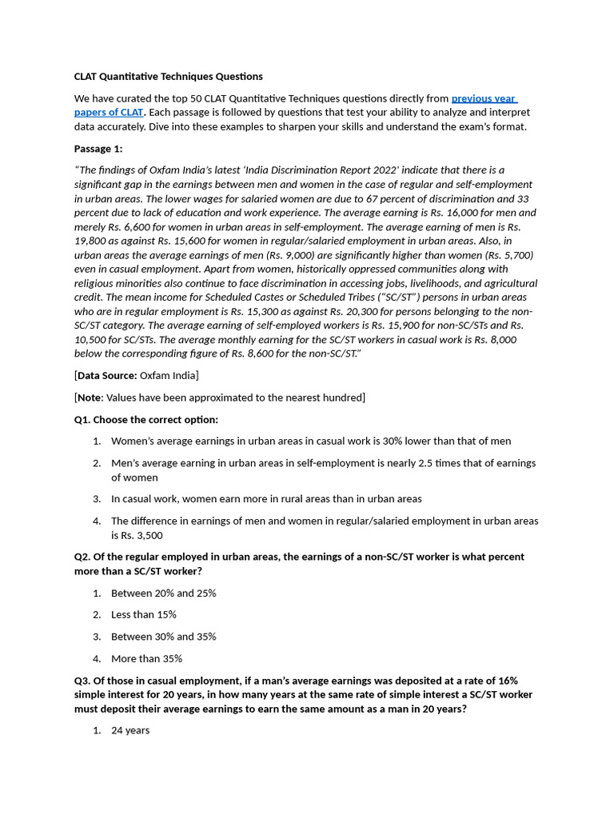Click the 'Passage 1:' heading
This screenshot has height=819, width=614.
coord(98,149)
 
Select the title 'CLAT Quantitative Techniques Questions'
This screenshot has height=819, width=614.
coord(168,77)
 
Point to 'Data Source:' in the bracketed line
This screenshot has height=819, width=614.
coord(107,375)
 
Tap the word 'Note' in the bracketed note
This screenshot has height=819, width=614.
coord(90,398)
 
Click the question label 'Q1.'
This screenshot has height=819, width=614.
coord(83,419)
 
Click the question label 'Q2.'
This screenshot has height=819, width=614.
coord(83,557)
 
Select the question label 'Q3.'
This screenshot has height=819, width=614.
coord(83,680)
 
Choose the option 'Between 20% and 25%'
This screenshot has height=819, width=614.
coord(163,593)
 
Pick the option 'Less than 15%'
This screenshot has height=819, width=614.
coord(144,614)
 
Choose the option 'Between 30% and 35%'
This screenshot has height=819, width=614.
coord(163,637)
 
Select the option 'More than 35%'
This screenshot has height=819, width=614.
coord(146,658)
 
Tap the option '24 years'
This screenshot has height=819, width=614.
coord(130,730)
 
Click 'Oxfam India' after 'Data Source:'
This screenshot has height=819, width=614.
coord(169,375)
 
